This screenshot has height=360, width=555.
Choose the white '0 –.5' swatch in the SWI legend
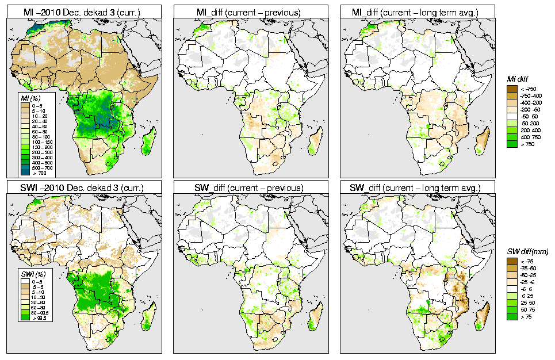coord(25,281)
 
